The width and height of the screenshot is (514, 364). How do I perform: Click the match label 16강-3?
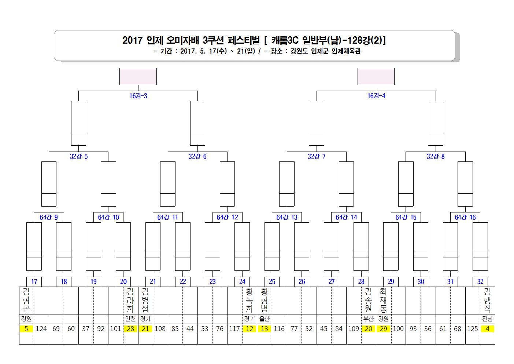point(138,96)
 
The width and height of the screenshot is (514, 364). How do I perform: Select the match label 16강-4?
point(376,96)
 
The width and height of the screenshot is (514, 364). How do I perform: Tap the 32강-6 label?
point(197,156)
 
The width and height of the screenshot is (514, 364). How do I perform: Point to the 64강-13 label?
point(287,217)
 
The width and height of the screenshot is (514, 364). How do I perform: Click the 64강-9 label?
point(49,217)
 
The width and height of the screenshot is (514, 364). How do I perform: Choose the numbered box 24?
point(242,281)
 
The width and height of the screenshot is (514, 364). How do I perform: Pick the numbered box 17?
point(34,281)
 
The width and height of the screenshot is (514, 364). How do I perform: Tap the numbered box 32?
point(480,281)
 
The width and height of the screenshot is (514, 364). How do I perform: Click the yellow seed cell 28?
point(130,329)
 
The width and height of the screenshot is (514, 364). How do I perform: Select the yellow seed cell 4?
point(487,329)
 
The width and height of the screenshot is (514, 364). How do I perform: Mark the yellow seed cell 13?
point(265,329)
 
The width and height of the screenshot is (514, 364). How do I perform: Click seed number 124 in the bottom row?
point(41,329)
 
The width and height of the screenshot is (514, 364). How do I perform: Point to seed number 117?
point(234,329)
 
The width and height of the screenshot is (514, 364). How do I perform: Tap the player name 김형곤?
point(26,300)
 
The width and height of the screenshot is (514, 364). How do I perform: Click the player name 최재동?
point(383,300)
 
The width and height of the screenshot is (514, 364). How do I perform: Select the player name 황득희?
point(249,300)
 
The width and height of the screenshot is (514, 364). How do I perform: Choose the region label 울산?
point(265,319)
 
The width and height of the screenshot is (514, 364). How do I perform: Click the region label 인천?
point(130,319)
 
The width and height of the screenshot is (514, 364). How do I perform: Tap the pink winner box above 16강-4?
point(376,76)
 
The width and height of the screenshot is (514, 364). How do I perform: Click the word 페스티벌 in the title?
point(244,40)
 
